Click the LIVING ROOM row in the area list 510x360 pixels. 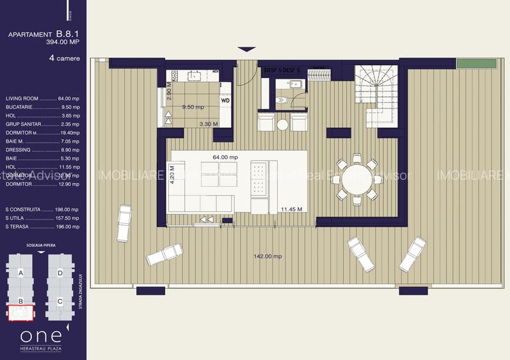tap(42, 98)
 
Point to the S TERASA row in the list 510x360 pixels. tap(42, 226)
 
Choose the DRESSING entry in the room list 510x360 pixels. tap(42, 149)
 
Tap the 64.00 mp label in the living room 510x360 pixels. tap(225, 157)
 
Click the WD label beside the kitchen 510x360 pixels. tap(225, 100)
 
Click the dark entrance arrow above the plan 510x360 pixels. tap(246, 49)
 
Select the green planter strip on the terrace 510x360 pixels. tap(476, 64)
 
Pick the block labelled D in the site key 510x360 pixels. tap(60, 273)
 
